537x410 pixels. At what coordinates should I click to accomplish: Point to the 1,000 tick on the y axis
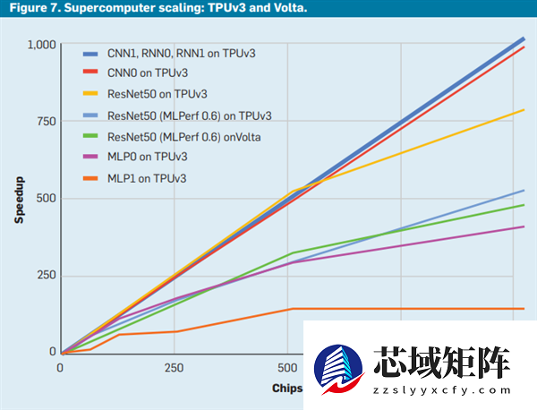pyautogui.click(x=41, y=44)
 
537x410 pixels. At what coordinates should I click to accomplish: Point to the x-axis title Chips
pyautogui.click(x=287, y=389)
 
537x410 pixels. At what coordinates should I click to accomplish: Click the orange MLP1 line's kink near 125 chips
pyautogui.click(x=119, y=335)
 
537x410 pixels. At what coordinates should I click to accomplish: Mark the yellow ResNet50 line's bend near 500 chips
pyautogui.click(x=291, y=192)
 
